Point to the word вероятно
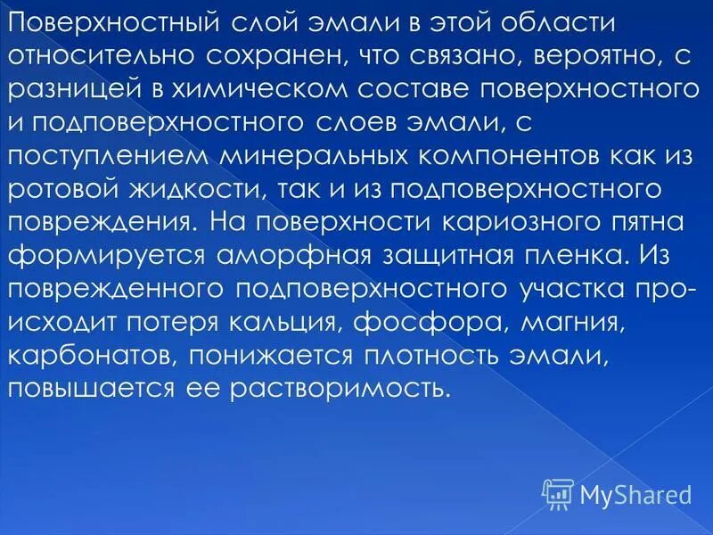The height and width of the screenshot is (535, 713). (591, 57)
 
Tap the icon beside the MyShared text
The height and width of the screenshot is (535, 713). (558, 493)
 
